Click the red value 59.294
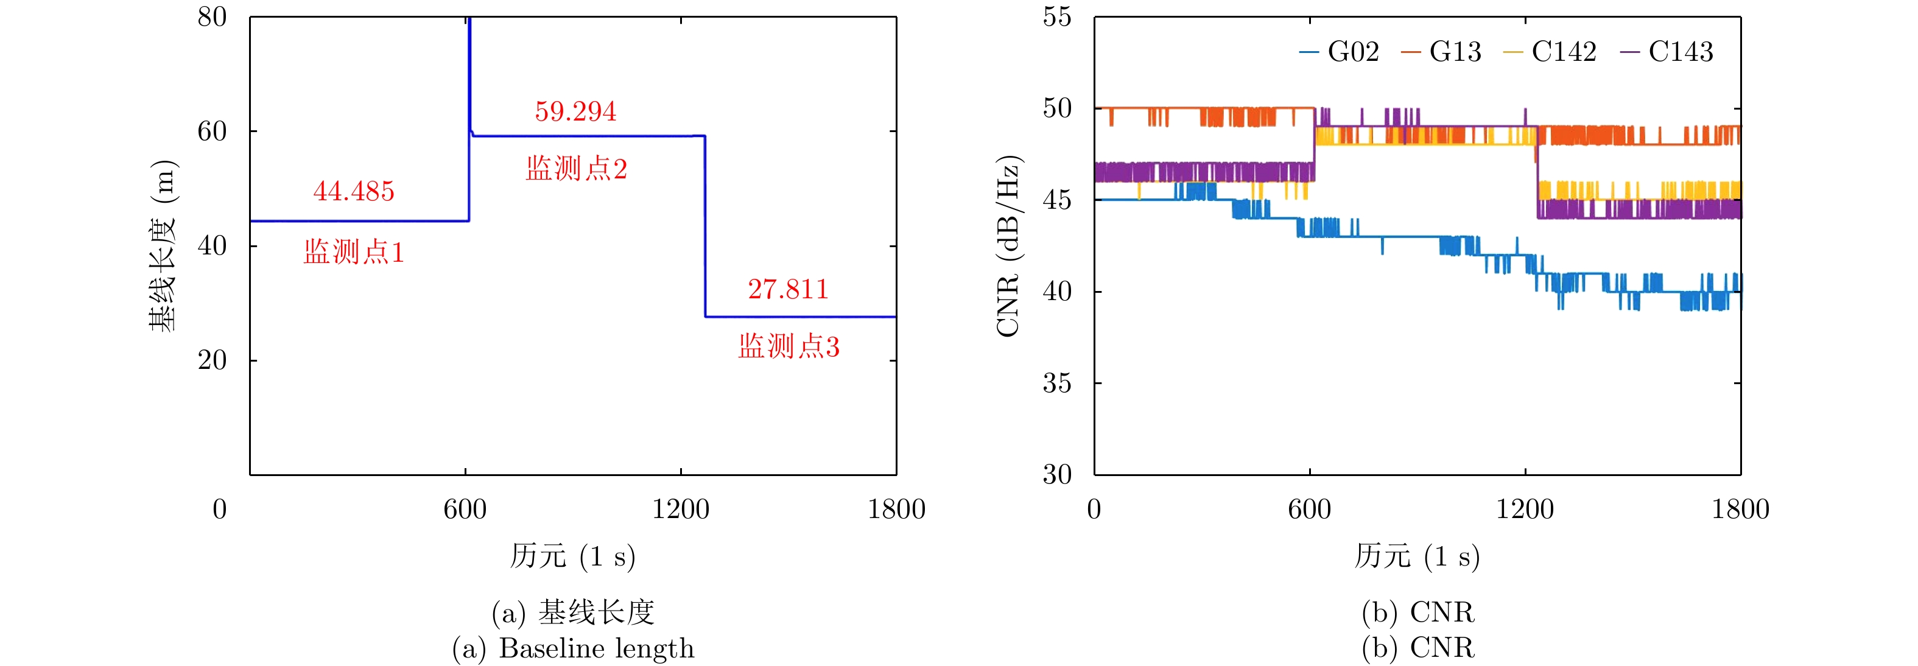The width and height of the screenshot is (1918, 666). (x=575, y=111)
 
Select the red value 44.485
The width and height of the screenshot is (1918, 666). (x=354, y=191)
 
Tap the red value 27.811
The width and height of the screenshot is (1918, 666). (x=789, y=289)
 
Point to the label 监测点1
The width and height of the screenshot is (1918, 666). (x=354, y=252)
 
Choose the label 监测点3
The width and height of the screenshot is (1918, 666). (x=789, y=347)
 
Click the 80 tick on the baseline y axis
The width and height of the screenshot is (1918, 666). (x=213, y=17)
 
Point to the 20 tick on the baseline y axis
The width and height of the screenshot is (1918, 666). (x=213, y=360)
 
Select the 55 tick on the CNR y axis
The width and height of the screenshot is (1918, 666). (x=1057, y=17)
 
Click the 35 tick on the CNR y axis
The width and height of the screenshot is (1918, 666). (x=1057, y=384)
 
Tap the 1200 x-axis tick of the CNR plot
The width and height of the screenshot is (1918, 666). (x=1525, y=509)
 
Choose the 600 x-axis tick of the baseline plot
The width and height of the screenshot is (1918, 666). (x=465, y=509)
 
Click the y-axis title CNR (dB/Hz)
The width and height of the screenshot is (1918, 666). (x=1008, y=245)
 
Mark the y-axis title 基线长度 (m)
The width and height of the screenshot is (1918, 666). (x=163, y=245)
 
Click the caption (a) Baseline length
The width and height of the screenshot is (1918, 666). (x=574, y=648)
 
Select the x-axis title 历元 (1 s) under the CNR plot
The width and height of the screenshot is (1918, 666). (x=1417, y=556)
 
